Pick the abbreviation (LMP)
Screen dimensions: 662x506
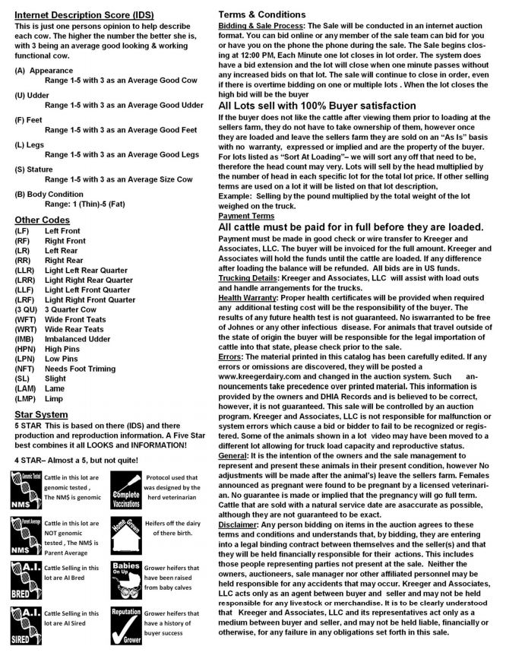[27, 398]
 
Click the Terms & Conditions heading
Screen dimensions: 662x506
[262, 14]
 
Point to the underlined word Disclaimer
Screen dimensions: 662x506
[239, 503]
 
